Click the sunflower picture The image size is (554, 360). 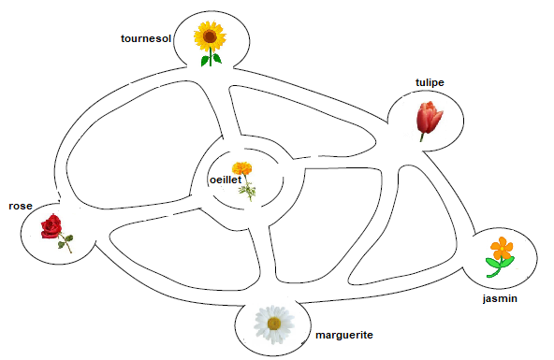pos(211,39)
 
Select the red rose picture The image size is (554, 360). pos(52,225)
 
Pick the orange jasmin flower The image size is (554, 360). pos(503,248)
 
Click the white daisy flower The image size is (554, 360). pos(274,323)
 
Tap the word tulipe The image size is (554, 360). pos(430,82)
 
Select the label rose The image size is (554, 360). pos(21,206)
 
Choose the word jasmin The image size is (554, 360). pos(500,298)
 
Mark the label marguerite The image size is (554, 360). pos(343,334)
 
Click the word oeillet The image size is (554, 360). pos(225,180)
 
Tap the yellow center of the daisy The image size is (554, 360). pos(274,324)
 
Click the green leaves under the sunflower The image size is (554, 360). pos(211,60)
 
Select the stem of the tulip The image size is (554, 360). pos(423,136)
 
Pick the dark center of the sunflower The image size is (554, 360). pos(211,37)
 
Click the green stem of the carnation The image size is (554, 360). pos(248,191)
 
